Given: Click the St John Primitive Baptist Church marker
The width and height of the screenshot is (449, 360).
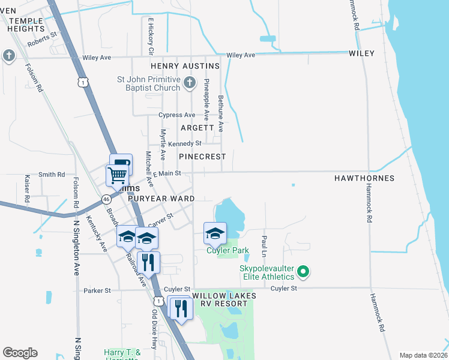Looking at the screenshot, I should pyautogui.click(x=189, y=82).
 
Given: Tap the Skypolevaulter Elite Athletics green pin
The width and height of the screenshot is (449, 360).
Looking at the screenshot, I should pyautogui.click(x=303, y=272).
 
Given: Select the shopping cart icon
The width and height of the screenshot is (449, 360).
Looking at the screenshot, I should pyautogui.click(x=117, y=175).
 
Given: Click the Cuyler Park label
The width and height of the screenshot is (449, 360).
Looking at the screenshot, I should pyautogui.click(x=228, y=251).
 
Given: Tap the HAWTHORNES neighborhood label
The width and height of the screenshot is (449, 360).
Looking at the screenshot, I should pyautogui.click(x=364, y=178).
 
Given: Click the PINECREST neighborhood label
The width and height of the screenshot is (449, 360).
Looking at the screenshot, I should pyautogui.click(x=202, y=157).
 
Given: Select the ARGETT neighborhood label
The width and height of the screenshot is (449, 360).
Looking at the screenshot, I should pyautogui.click(x=197, y=128).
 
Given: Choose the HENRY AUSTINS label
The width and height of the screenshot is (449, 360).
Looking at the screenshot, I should pyautogui.click(x=185, y=65).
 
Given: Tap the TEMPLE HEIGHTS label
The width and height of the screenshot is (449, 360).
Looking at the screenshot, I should pyautogui.click(x=26, y=25).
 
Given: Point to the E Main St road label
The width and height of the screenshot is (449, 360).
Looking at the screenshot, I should pyautogui.click(x=166, y=173).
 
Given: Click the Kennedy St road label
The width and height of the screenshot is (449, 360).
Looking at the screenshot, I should pyautogui.click(x=184, y=144).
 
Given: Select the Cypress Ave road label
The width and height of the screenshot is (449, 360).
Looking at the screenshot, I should pyautogui.click(x=176, y=115).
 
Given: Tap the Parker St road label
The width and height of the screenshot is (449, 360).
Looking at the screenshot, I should pyautogui.click(x=97, y=290).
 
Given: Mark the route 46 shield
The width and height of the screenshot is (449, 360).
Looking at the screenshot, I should pyautogui.click(x=106, y=199).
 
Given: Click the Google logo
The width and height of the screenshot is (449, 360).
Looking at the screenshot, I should pyautogui.click(x=20, y=353).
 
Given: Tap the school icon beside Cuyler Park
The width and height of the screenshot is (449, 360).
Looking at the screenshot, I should pyautogui.click(x=215, y=233).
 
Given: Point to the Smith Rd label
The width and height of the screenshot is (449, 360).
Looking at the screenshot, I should pyautogui.click(x=52, y=175).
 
